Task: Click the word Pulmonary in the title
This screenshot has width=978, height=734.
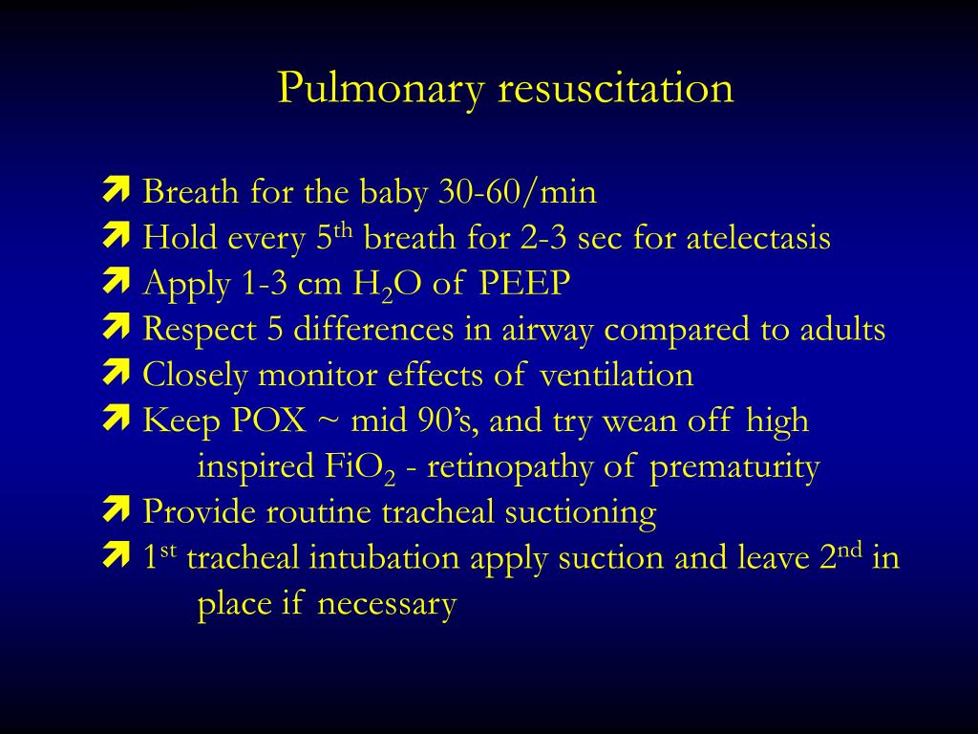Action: point(381,89)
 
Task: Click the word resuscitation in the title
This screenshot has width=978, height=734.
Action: point(616,88)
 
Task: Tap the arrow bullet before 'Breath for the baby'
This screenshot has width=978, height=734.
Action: point(116,189)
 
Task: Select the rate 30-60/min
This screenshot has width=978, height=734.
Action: point(517,191)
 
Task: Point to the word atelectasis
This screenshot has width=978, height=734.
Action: point(757,238)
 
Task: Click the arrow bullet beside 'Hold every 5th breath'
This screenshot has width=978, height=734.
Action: point(116,235)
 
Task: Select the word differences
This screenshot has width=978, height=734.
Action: point(373,329)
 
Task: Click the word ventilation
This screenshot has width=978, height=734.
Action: point(616,375)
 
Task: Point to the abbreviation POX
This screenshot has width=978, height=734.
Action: point(268,421)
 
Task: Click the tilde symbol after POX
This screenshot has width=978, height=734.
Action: point(329,421)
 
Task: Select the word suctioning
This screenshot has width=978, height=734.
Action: point(580,513)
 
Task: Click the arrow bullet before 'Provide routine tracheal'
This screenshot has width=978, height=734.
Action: point(116,509)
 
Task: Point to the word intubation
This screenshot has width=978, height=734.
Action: point(384,557)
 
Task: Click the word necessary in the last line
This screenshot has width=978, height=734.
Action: point(387,605)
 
